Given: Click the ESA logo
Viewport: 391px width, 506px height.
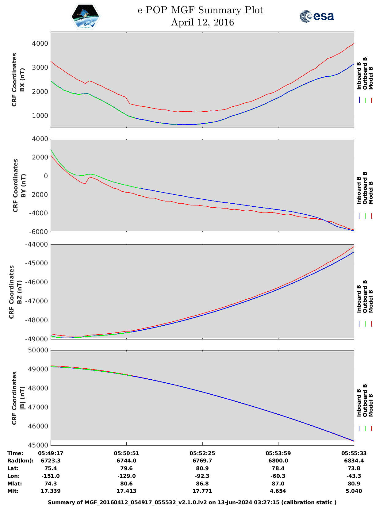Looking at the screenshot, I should coord(317,16).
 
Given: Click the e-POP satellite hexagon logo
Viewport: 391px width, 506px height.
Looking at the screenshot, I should coord(86,16).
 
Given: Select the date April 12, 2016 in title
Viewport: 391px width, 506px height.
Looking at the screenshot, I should coord(202,22).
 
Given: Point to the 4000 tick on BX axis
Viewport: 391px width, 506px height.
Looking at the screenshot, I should coord(40,44).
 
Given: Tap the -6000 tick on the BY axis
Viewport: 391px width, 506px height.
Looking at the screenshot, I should coord(38,232).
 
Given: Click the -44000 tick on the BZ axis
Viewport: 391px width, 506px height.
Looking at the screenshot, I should coord(37,244).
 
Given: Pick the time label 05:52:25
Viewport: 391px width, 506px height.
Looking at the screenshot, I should coord(202,453).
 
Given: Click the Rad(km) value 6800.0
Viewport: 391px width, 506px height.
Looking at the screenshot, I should coord(278,461).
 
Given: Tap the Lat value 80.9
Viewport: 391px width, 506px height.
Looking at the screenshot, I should coord(202,468).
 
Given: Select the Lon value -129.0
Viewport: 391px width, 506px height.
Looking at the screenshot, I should coord(126,476).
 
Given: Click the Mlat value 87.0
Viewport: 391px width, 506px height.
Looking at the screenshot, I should coord(278,484).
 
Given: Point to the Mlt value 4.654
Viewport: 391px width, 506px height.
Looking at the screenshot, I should coord(278,491).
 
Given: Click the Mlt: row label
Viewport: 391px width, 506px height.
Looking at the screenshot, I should coord(13,491).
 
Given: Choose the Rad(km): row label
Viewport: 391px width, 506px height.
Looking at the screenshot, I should coord(20,461).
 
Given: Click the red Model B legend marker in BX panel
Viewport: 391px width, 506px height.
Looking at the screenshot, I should coord(371,100).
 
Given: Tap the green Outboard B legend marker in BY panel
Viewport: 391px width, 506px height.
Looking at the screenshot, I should coord(365,216).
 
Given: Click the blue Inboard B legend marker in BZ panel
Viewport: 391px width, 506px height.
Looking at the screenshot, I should coord(359,324).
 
